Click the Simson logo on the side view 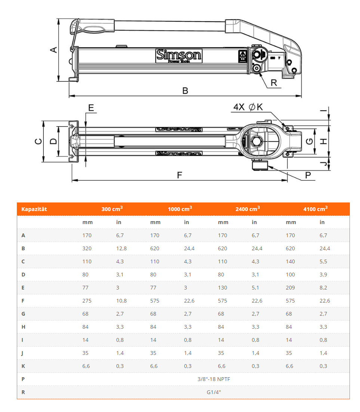click(x=179, y=56)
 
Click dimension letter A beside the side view click(x=54, y=50)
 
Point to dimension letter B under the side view click(x=185, y=91)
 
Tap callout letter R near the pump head click(x=274, y=83)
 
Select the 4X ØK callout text click(x=248, y=108)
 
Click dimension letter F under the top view click(x=180, y=175)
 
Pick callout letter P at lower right click(x=308, y=175)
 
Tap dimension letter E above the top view click(x=91, y=108)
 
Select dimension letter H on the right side click(x=324, y=141)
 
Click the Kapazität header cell click(x=34, y=209)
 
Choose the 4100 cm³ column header click(x=315, y=209)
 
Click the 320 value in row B click(x=87, y=248)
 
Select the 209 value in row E click(x=290, y=288)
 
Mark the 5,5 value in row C click(x=323, y=261)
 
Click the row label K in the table click(x=23, y=366)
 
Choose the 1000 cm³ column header click(x=180, y=209)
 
